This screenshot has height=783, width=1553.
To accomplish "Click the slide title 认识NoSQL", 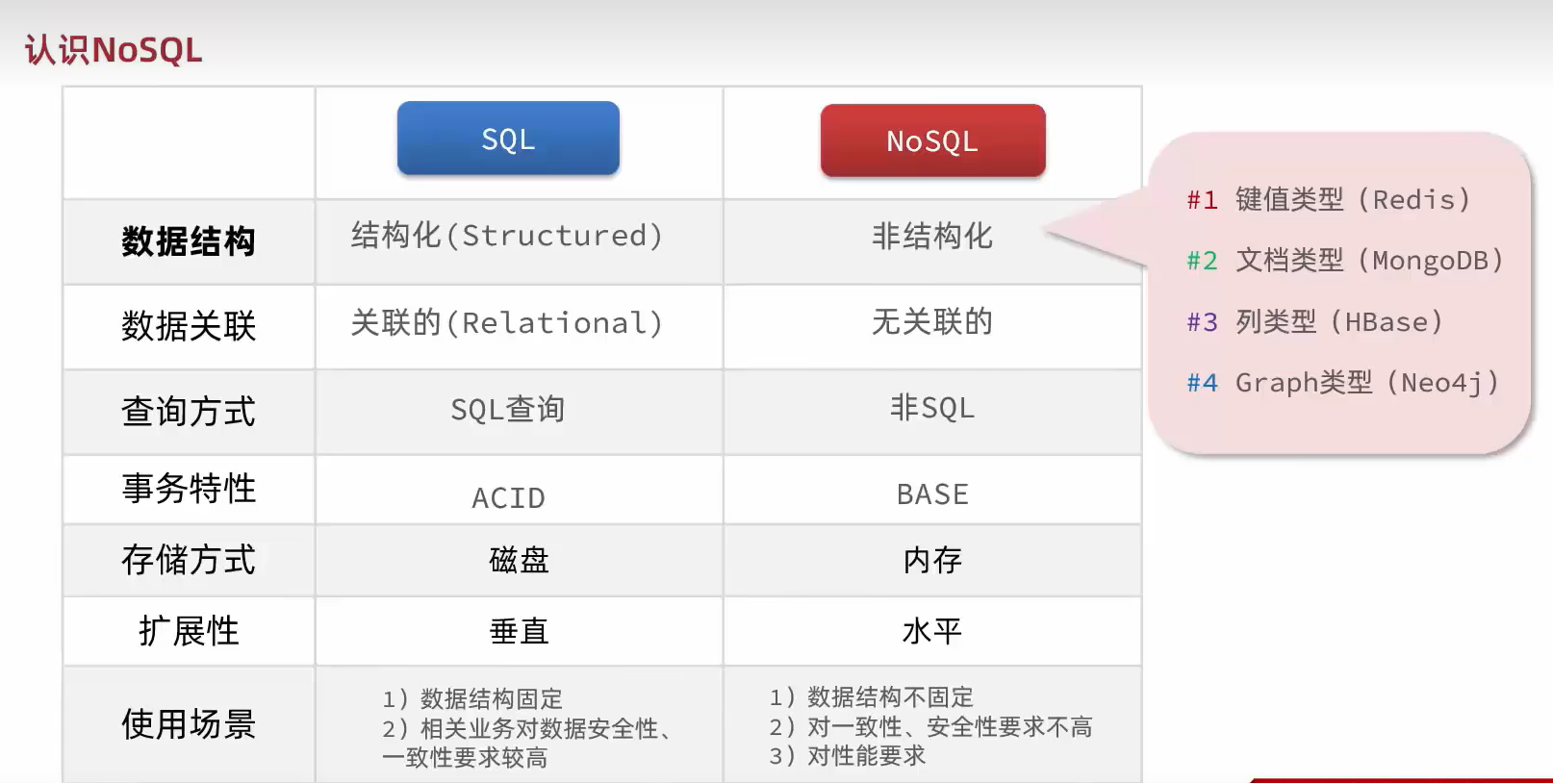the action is tap(113, 50).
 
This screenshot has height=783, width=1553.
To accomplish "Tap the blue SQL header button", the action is tap(508, 138).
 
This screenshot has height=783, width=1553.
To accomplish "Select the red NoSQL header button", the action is tap(932, 140).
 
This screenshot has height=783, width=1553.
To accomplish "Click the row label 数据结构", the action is tap(189, 241).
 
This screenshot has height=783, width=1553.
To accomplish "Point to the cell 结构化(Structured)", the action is tap(507, 236).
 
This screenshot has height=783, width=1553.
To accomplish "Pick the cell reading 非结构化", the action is tap(932, 237).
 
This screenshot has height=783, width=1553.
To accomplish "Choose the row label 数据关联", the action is tap(189, 326).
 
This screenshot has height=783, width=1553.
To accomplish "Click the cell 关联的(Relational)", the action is tap(507, 323).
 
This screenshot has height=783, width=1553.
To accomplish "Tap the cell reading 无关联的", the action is tap(932, 321).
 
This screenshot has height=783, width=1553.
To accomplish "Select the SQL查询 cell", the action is tap(507, 409).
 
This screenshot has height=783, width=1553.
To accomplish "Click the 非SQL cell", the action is tap(932, 408).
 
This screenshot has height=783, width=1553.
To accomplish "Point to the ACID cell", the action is tap(508, 497).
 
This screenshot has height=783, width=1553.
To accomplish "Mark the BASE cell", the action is tap(932, 494).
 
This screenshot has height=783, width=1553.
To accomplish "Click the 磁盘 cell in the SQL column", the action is tap(519, 560).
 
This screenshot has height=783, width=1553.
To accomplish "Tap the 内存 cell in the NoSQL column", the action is tap(932, 560).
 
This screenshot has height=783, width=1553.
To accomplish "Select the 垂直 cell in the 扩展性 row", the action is tap(519, 631).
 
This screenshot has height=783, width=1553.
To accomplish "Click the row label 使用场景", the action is tap(189, 724).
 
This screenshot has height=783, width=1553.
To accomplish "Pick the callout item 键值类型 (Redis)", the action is tap(1353, 199).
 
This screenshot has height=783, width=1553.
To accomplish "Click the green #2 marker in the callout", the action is tap(1202, 261).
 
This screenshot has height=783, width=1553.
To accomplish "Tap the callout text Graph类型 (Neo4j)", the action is tap(1367, 383).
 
